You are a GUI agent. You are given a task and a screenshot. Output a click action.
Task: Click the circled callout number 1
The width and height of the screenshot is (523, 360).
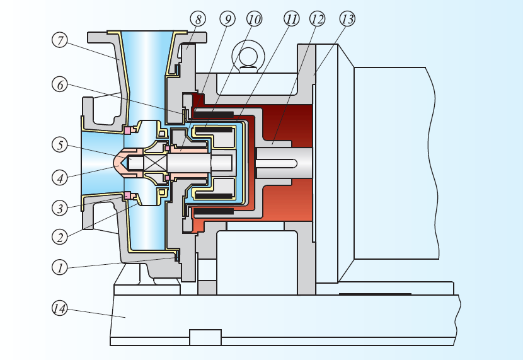coord(60,267)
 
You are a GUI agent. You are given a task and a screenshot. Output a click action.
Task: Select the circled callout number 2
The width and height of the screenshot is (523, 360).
coord(60,237)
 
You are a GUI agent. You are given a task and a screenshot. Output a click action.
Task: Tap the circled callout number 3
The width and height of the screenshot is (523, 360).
coord(60,208)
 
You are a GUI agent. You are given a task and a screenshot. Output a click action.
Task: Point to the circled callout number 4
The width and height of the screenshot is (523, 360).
coord(60,178)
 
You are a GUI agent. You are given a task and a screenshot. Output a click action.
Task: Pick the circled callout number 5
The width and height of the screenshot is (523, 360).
coord(60,145)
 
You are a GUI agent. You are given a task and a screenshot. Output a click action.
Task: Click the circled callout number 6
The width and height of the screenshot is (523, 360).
coord(60,84)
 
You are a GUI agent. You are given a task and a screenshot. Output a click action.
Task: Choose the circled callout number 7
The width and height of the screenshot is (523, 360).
coord(60,40)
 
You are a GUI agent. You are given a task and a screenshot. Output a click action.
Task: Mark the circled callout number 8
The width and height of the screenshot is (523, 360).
coord(198,19)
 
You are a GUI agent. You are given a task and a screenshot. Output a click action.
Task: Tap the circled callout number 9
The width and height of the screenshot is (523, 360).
coord(227,19)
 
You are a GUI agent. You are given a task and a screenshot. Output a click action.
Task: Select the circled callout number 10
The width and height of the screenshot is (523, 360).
coord(255,19)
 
